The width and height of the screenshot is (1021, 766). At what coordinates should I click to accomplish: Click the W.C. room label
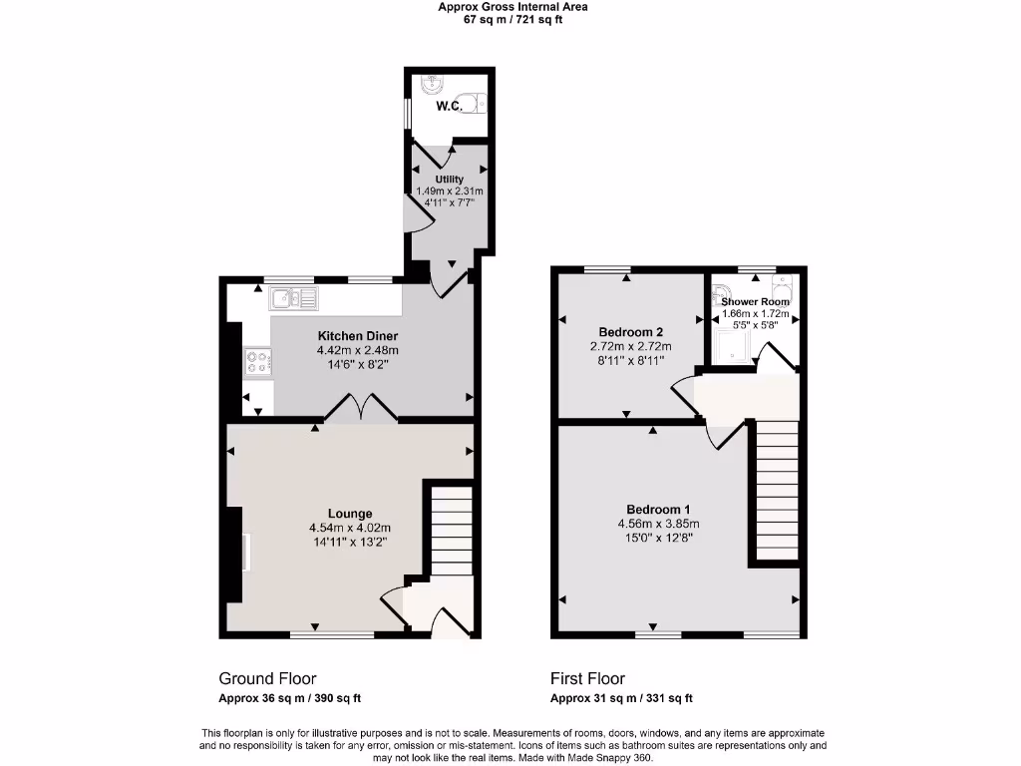[x=448, y=106]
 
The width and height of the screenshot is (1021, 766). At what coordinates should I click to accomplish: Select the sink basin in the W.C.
[x=430, y=84]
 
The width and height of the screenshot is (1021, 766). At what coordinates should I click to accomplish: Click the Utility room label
[x=449, y=180]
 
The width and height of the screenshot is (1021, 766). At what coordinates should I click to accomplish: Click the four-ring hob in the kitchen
[x=257, y=362]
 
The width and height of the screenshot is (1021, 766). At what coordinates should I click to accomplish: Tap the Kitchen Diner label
[x=358, y=336]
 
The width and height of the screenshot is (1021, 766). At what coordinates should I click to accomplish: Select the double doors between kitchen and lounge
[x=358, y=409]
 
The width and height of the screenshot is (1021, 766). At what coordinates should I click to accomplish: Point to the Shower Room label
[x=755, y=301]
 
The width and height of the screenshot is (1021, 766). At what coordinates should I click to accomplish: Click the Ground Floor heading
[x=268, y=679]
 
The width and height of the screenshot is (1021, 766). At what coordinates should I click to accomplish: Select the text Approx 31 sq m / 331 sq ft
[x=621, y=698]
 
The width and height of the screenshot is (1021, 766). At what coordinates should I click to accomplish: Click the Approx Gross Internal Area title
[x=512, y=7]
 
